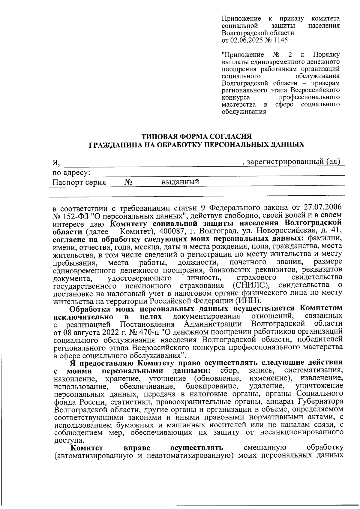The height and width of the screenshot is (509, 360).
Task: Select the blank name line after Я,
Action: pyautogui.click(x=153, y=164)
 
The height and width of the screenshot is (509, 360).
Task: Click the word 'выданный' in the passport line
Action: pyautogui.click(x=180, y=182)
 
